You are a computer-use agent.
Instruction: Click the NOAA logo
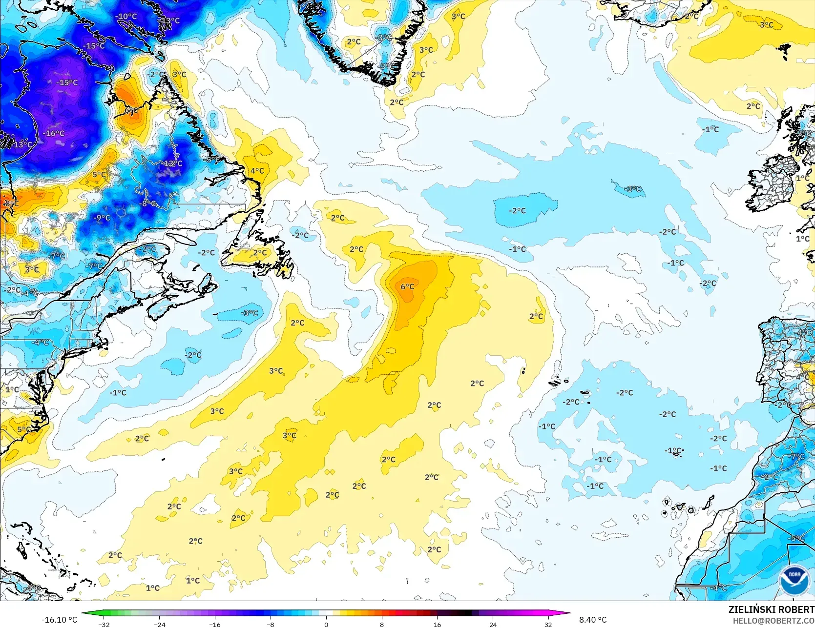coord(794,580)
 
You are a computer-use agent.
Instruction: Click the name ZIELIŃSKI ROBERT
coord(771,609)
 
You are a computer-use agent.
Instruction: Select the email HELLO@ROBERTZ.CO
coord(773,621)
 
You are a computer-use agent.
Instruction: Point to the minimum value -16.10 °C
coord(60,620)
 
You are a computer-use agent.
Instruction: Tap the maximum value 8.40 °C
coord(593,620)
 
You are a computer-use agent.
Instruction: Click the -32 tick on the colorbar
coord(104,624)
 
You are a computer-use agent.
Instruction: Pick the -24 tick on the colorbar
coord(160,624)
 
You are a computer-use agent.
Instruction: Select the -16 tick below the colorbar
coord(215,624)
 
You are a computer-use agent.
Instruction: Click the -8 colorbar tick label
coord(271,624)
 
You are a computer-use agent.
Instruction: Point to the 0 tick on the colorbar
coord(326,624)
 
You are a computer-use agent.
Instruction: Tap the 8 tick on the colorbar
coord(382,624)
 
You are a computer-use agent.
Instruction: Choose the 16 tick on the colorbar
coord(437,624)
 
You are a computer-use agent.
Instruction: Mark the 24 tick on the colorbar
coord(493,624)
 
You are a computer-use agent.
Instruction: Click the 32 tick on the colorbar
coord(548,624)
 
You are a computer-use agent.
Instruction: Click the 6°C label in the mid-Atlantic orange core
coord(407,286)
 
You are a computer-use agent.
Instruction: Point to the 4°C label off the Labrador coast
coord(257,171)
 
